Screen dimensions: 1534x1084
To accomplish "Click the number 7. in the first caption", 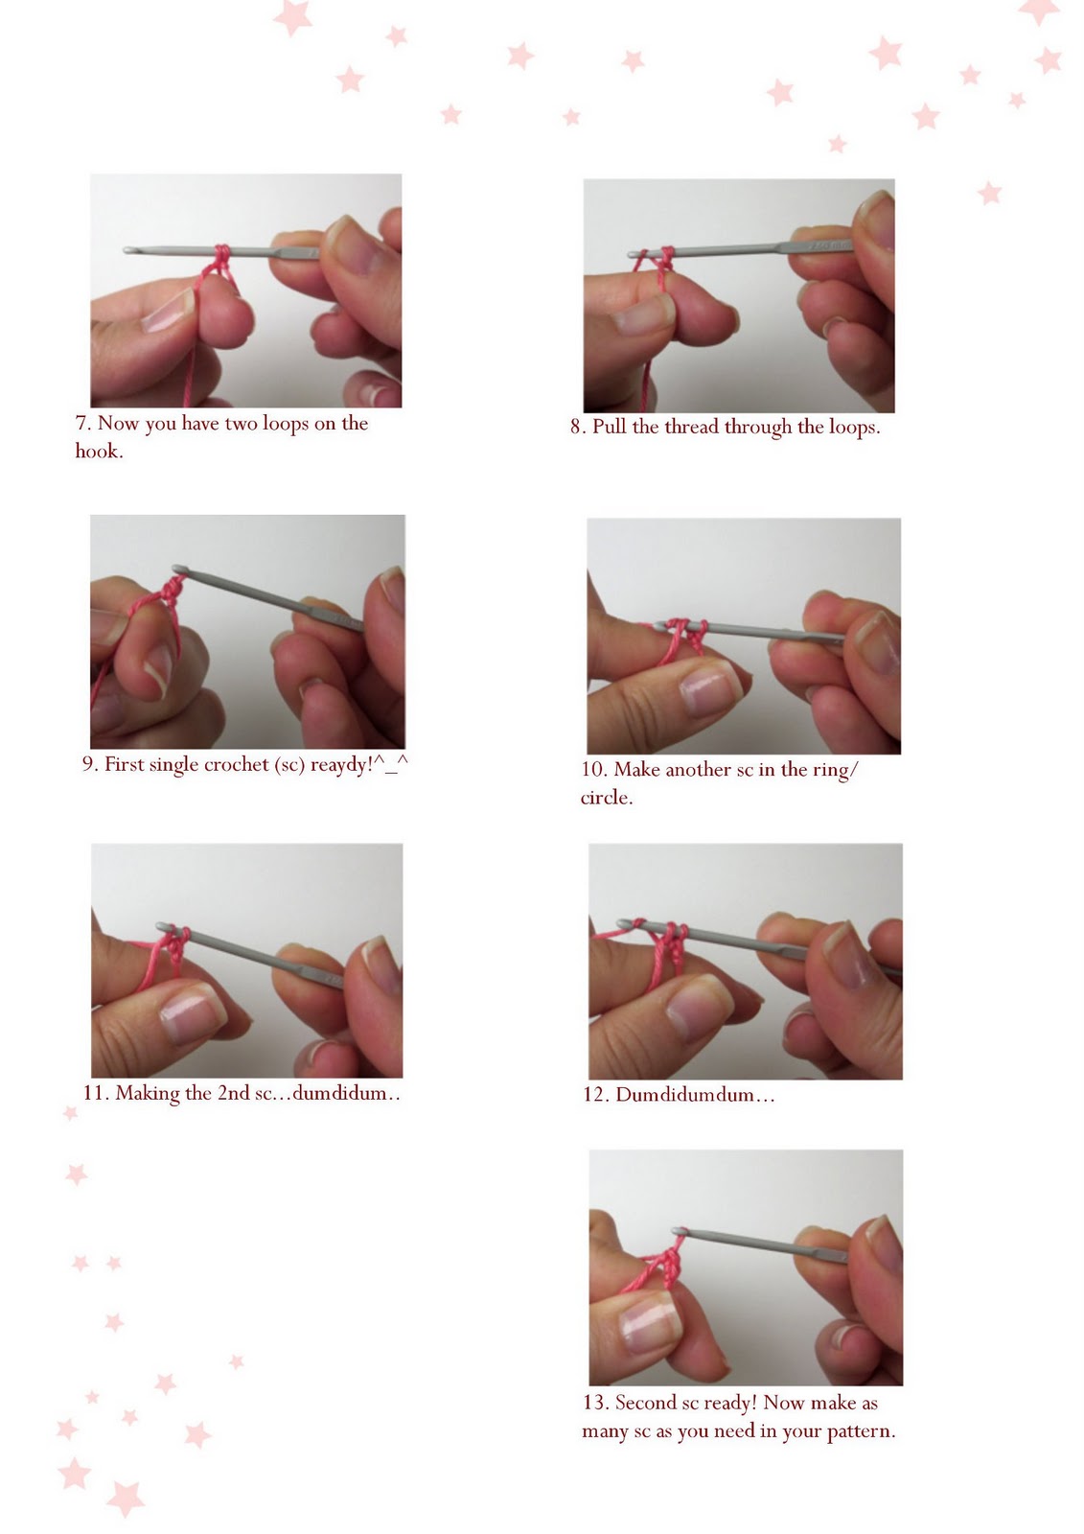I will point(84,424).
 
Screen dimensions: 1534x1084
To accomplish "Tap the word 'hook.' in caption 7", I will point(99,452).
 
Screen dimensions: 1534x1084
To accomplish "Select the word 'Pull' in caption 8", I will point(609,428).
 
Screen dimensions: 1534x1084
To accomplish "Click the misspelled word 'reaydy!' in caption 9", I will point(340,765).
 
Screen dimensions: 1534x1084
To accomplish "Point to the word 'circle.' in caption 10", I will point(606,798).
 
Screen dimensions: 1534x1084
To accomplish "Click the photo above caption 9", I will point(247,632).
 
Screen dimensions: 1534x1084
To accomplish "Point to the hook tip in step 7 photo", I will point(129,250).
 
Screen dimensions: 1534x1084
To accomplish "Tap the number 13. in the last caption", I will point(595,1404).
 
